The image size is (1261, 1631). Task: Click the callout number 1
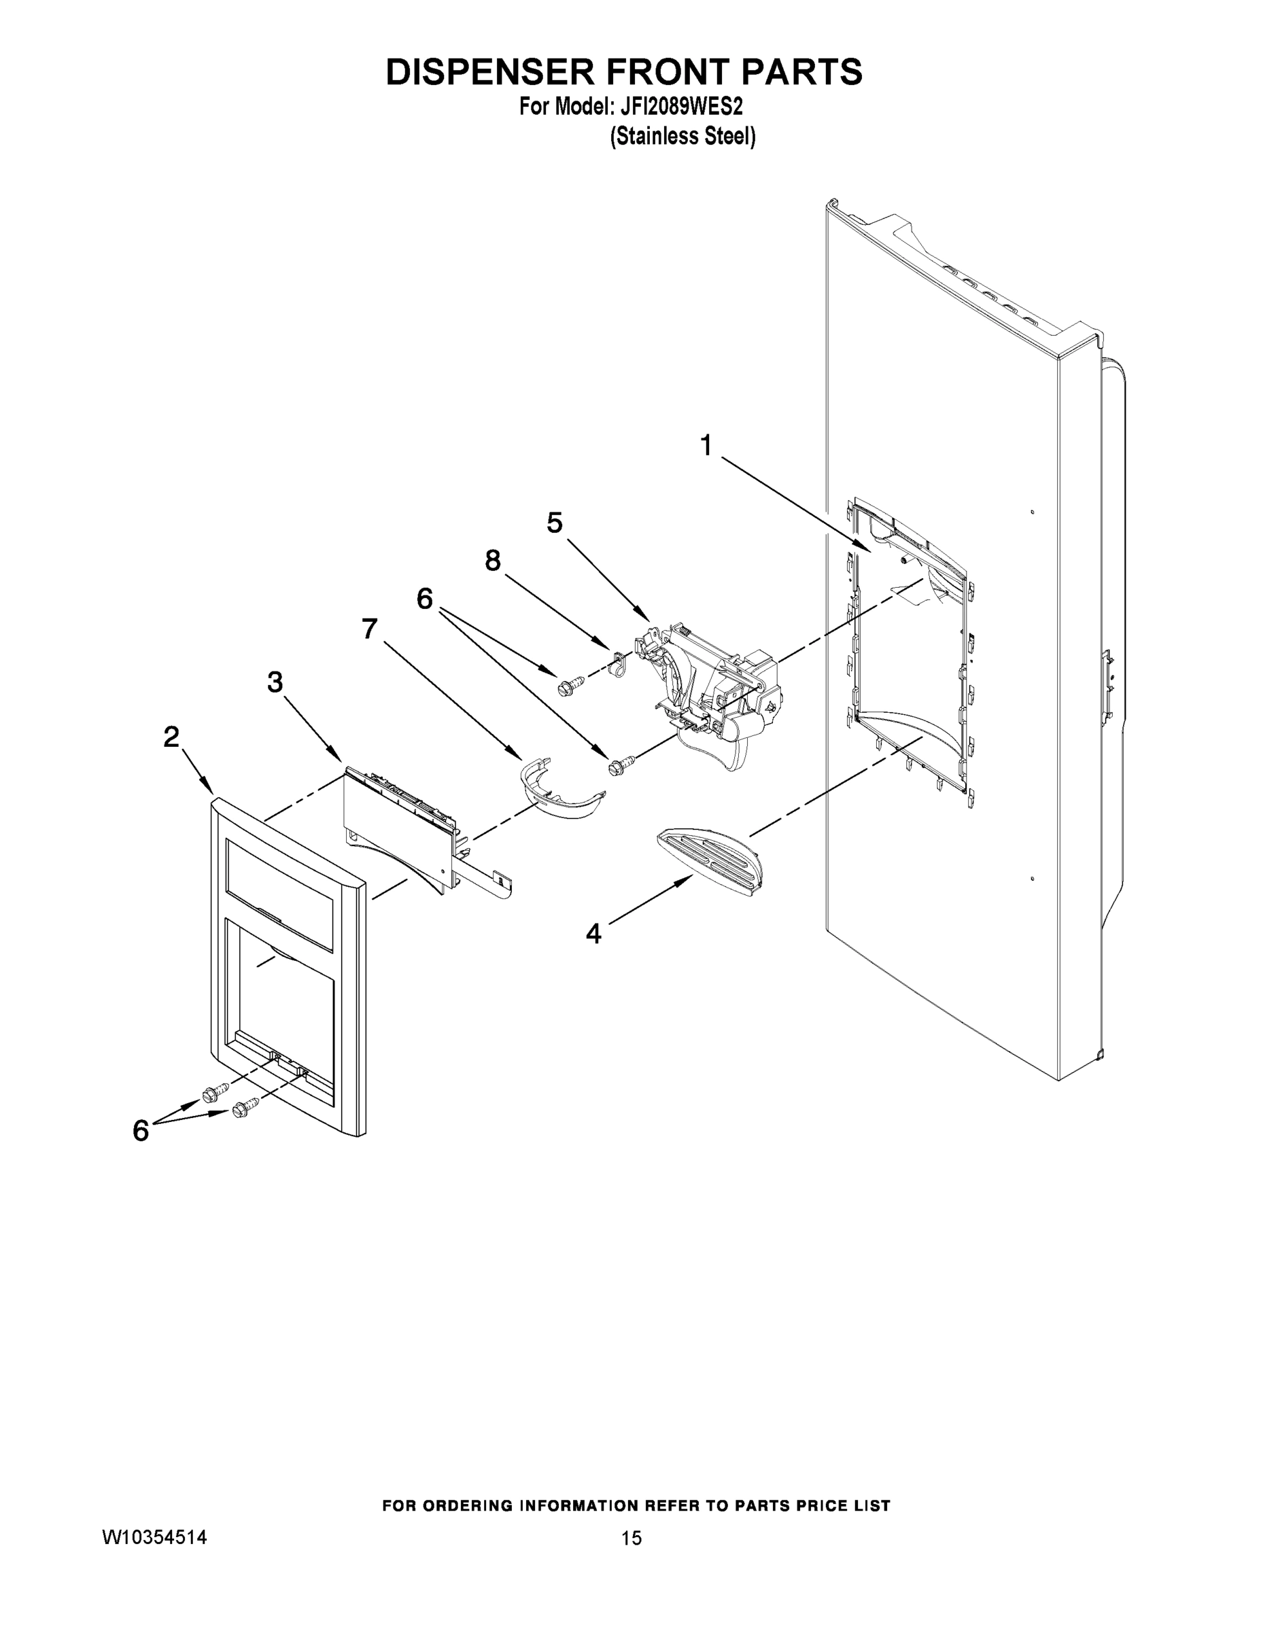pyautogui.click(x=706, y=446)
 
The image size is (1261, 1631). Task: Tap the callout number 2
pyautogui.click(x=171, y=737)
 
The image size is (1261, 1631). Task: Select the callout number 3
pyautogui.click(x=275, y=681)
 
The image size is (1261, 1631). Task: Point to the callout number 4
pyautogui.click(x=593, y=934)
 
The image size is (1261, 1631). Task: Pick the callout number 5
pyautogui.click(x=554, y=523)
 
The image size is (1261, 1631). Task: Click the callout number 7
pyautogui.click(x=369, y=629)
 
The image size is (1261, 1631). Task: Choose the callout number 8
pyautogui.click(x=492, y=560)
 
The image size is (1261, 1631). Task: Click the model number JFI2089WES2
pyautogui.click(x=680, y=107)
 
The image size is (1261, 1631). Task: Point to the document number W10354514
pyautogui.click(x=154, y=1538)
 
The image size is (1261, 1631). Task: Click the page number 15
pyautogui.click(x=632, y=1539)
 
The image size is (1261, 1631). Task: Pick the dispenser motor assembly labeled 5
pyautogui.click(x=710, y=672)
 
